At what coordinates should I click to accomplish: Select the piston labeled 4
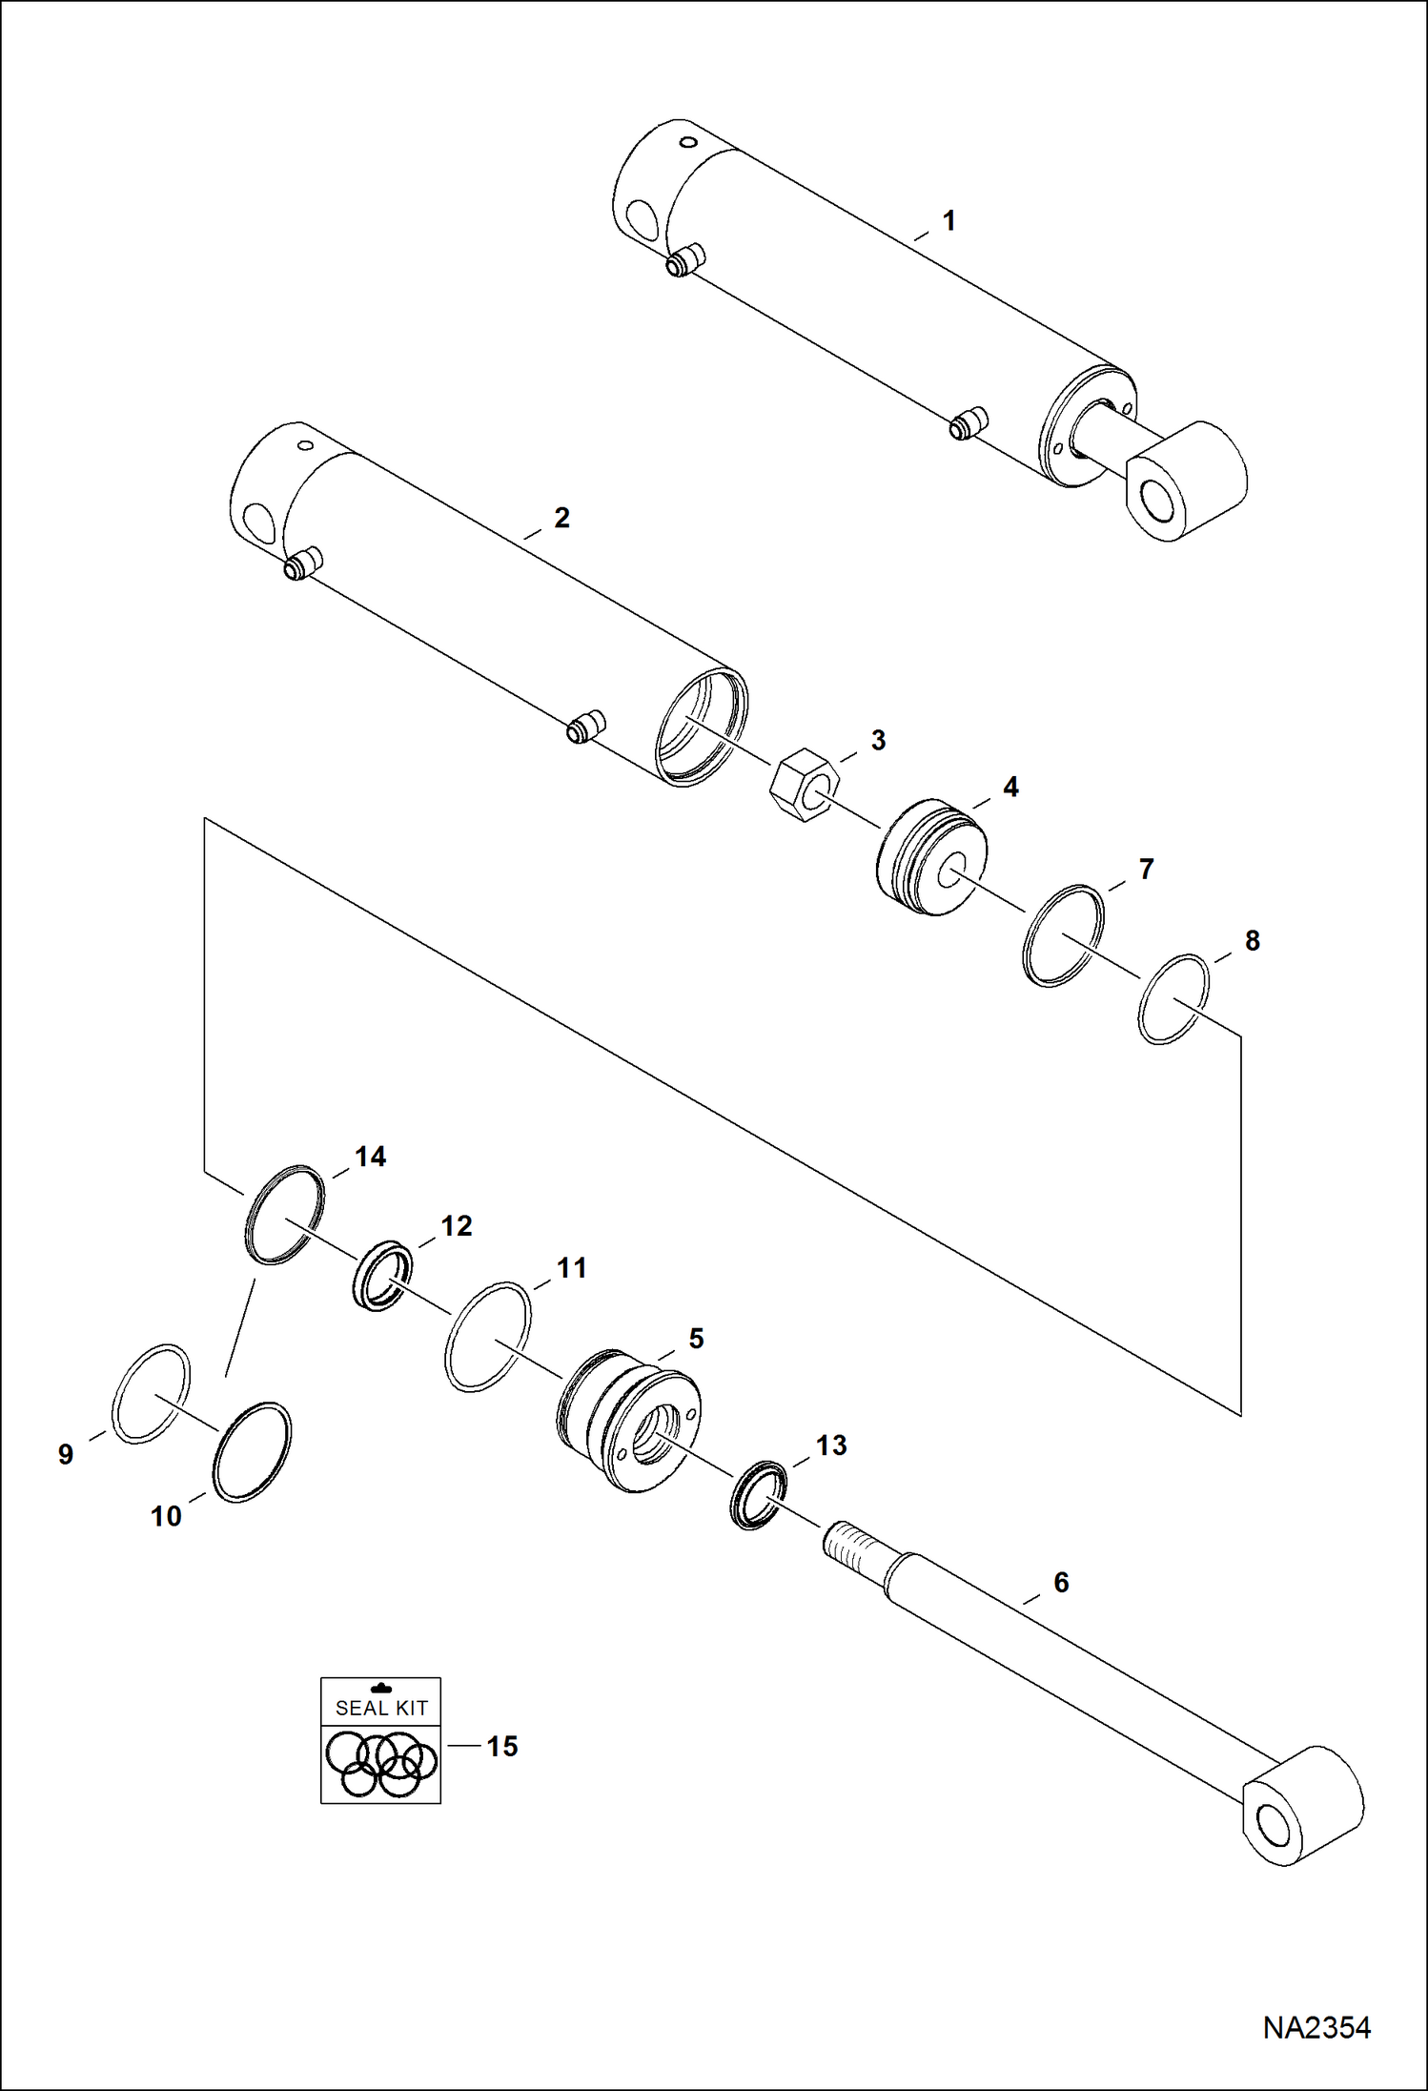click(931, 857)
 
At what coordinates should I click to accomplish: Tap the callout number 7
click(1147, 869)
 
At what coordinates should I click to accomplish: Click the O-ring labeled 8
click(1173, 998)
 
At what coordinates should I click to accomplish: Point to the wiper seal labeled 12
click(383, 1276)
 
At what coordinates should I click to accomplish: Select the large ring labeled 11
click(488, 1337)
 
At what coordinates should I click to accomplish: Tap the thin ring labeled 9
click(151, 1393)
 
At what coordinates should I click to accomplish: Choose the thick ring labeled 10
click(252, 1451)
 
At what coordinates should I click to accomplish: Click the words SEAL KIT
click(381, 1708)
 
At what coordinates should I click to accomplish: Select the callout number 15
click(502, 1746)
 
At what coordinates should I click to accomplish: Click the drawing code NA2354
click(1316, 2027)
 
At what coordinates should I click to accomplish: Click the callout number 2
click(561, 518)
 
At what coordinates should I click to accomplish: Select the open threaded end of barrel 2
click(703, 728)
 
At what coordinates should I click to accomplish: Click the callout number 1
click(949, 221)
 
